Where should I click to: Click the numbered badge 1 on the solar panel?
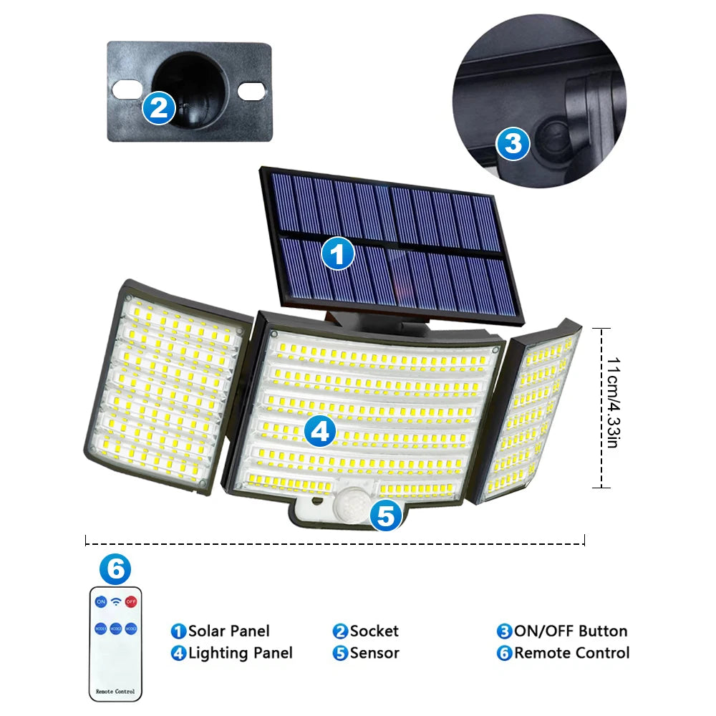click(338, 253)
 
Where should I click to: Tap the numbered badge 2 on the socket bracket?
click(159, 107)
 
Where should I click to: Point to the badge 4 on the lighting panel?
click(320, 431)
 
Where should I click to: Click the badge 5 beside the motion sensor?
click(387, 516)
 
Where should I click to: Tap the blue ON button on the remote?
click(101, 601)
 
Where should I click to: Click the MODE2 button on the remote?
click(116, 628)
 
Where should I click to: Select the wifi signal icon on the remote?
click(116, 601)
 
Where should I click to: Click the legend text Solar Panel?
click(228, 631)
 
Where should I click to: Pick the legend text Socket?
click(374, 631)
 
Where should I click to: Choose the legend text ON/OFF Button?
click(570, 631)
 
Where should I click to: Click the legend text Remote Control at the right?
click(571, 653)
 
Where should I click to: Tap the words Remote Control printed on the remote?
click(115, 692)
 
